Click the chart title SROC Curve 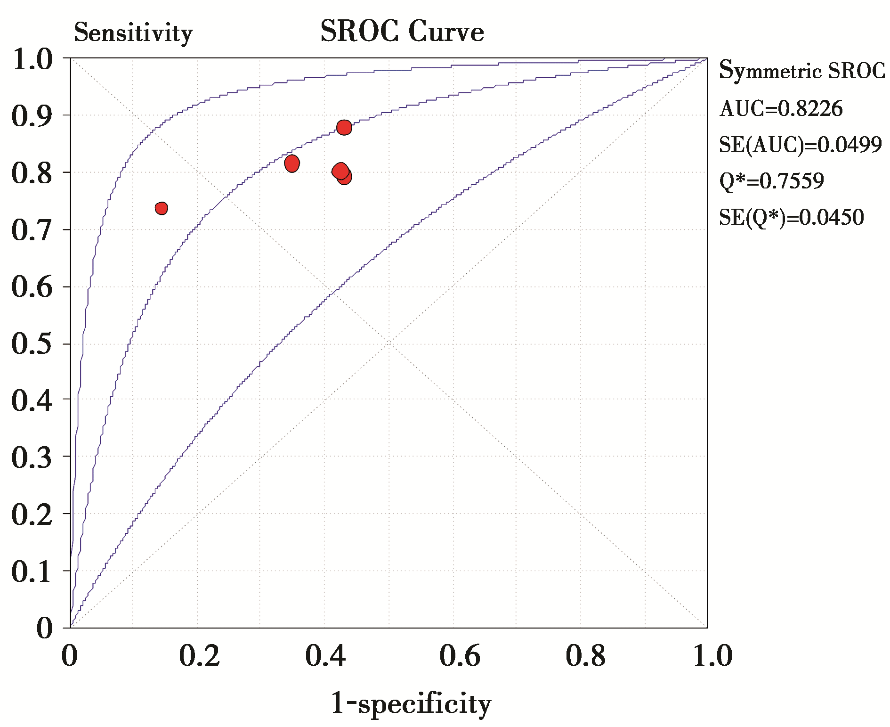(x=402, y=32)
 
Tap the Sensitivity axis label (x=133, y=33)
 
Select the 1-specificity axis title (x=411, y=704)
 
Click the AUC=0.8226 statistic (x=781, y=109)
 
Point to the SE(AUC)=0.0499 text (x=800, y=145)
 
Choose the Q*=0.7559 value (x=771, y=181)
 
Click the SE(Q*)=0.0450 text (x=791, y=217)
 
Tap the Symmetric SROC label (x=801, y=71)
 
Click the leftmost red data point (x=162, y=208)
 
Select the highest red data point (x=344, y=127)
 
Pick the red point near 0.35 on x (x=292, y=163)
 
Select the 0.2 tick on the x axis (x=199, y=656)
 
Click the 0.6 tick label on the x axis (x=460, y=656)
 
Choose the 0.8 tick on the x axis (x=586, y=656)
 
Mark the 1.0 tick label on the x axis (x=712, y=656)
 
